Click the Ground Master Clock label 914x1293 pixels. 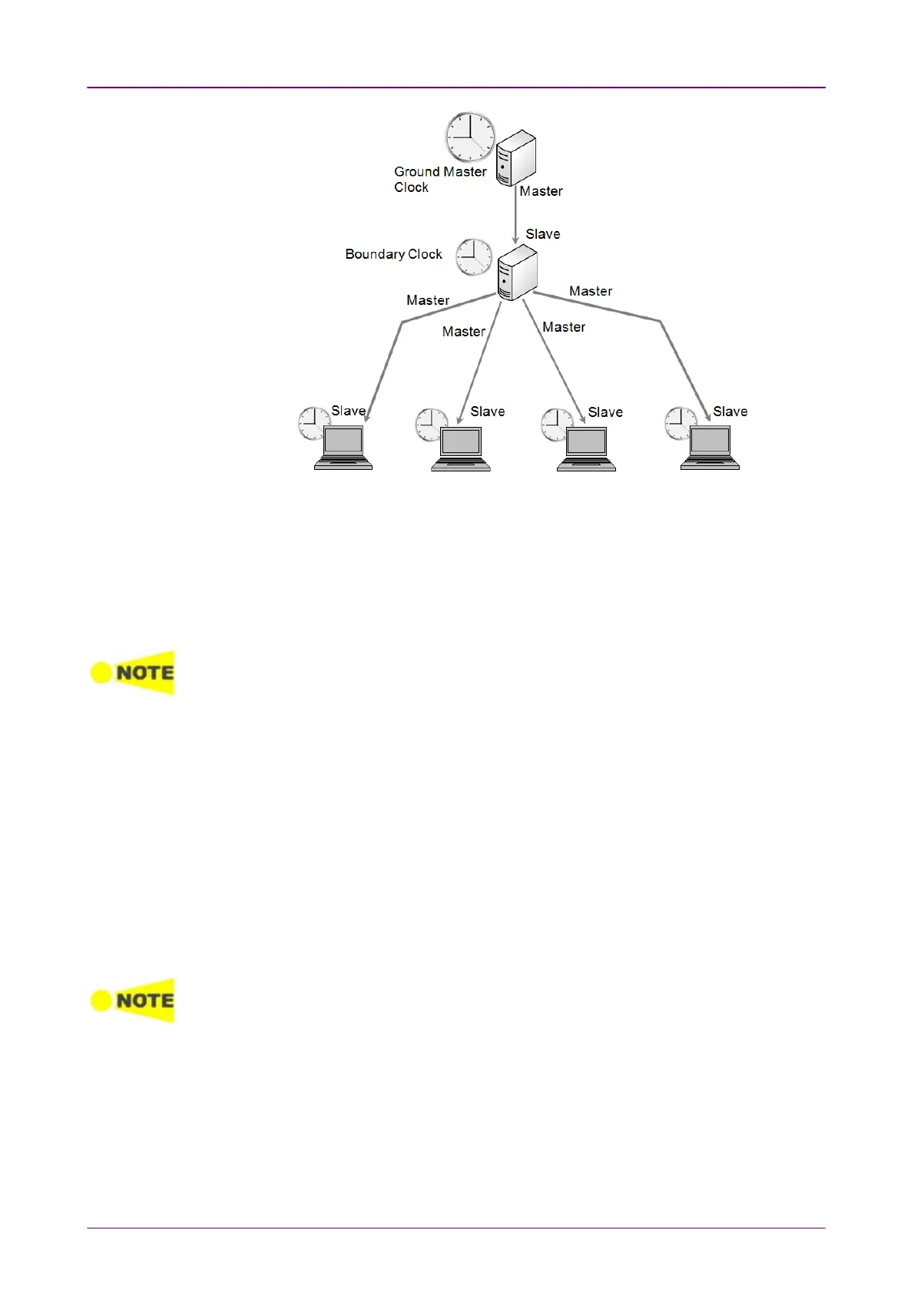tap(439, 179)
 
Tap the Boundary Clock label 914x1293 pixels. tap(393, 254)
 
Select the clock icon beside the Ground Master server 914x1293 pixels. tap(470, 137)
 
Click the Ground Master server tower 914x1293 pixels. tap(515, 158)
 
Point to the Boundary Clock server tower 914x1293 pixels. tap(517, 273)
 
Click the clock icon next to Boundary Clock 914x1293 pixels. tap(474, 257)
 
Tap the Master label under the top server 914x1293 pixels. tap(541, 191)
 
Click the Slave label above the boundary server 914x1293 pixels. tap(542, 234)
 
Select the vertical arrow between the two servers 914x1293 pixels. tap(515, 215)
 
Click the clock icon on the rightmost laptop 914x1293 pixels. tap(679, 422)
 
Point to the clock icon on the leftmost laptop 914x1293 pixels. tap(313, 422)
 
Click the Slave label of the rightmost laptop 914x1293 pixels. tap(730, 412)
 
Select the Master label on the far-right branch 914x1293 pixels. tap(591, 291)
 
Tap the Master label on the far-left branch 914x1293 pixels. tap(428, 300)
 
